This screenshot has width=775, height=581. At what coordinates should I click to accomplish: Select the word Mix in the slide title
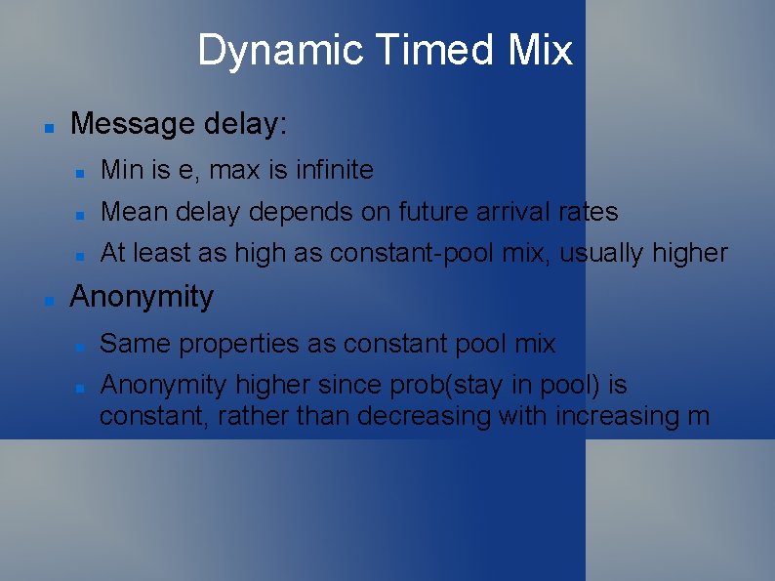(539, 50)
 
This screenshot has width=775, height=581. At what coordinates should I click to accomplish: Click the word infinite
(334, 170)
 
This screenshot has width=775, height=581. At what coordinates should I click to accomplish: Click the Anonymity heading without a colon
(142, 297)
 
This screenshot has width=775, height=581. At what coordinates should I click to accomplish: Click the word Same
(133, 344)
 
